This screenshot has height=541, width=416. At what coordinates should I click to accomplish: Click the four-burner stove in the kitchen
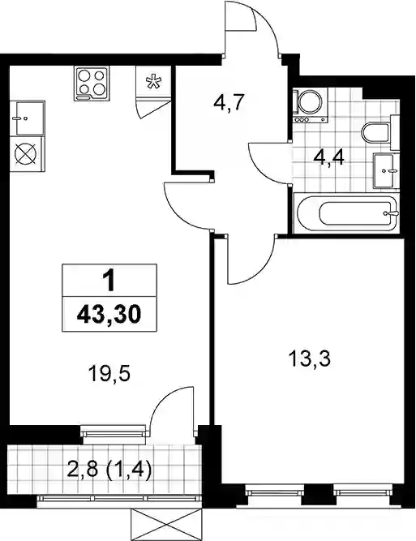[91, 84]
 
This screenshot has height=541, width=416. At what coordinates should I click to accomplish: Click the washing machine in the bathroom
[310, 105]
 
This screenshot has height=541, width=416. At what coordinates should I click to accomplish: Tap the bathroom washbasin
[386, 170]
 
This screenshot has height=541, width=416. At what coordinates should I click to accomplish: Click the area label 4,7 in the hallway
[229, 102]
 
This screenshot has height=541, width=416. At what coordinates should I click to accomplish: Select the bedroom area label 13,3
[310, 359]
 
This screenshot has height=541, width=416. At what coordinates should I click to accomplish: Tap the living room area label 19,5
[109, 374]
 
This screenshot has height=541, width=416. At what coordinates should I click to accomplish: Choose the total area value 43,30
[109, 315]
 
